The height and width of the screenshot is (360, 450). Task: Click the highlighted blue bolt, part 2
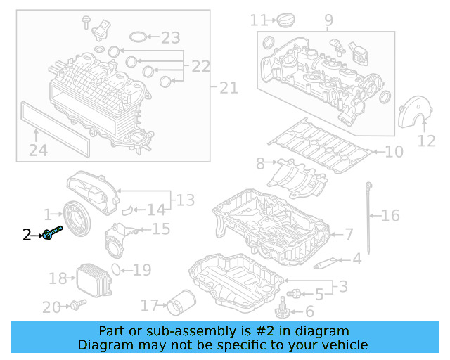click(x=53, y=233)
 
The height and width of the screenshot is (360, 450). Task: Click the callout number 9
click(x=328, y=20)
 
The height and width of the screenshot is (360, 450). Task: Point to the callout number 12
click(x=426, y=141)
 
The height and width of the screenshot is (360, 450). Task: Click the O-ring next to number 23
click(x=139, y=37)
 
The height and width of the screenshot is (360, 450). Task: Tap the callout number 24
click(x=38, y=149)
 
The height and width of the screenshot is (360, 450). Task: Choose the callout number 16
click(x=390, y=215)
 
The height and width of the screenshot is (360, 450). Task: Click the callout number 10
click(x=394, y=151)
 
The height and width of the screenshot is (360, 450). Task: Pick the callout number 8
click(x=260, y=164)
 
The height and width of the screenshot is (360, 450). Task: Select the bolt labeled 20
click(x=77, y=304)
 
